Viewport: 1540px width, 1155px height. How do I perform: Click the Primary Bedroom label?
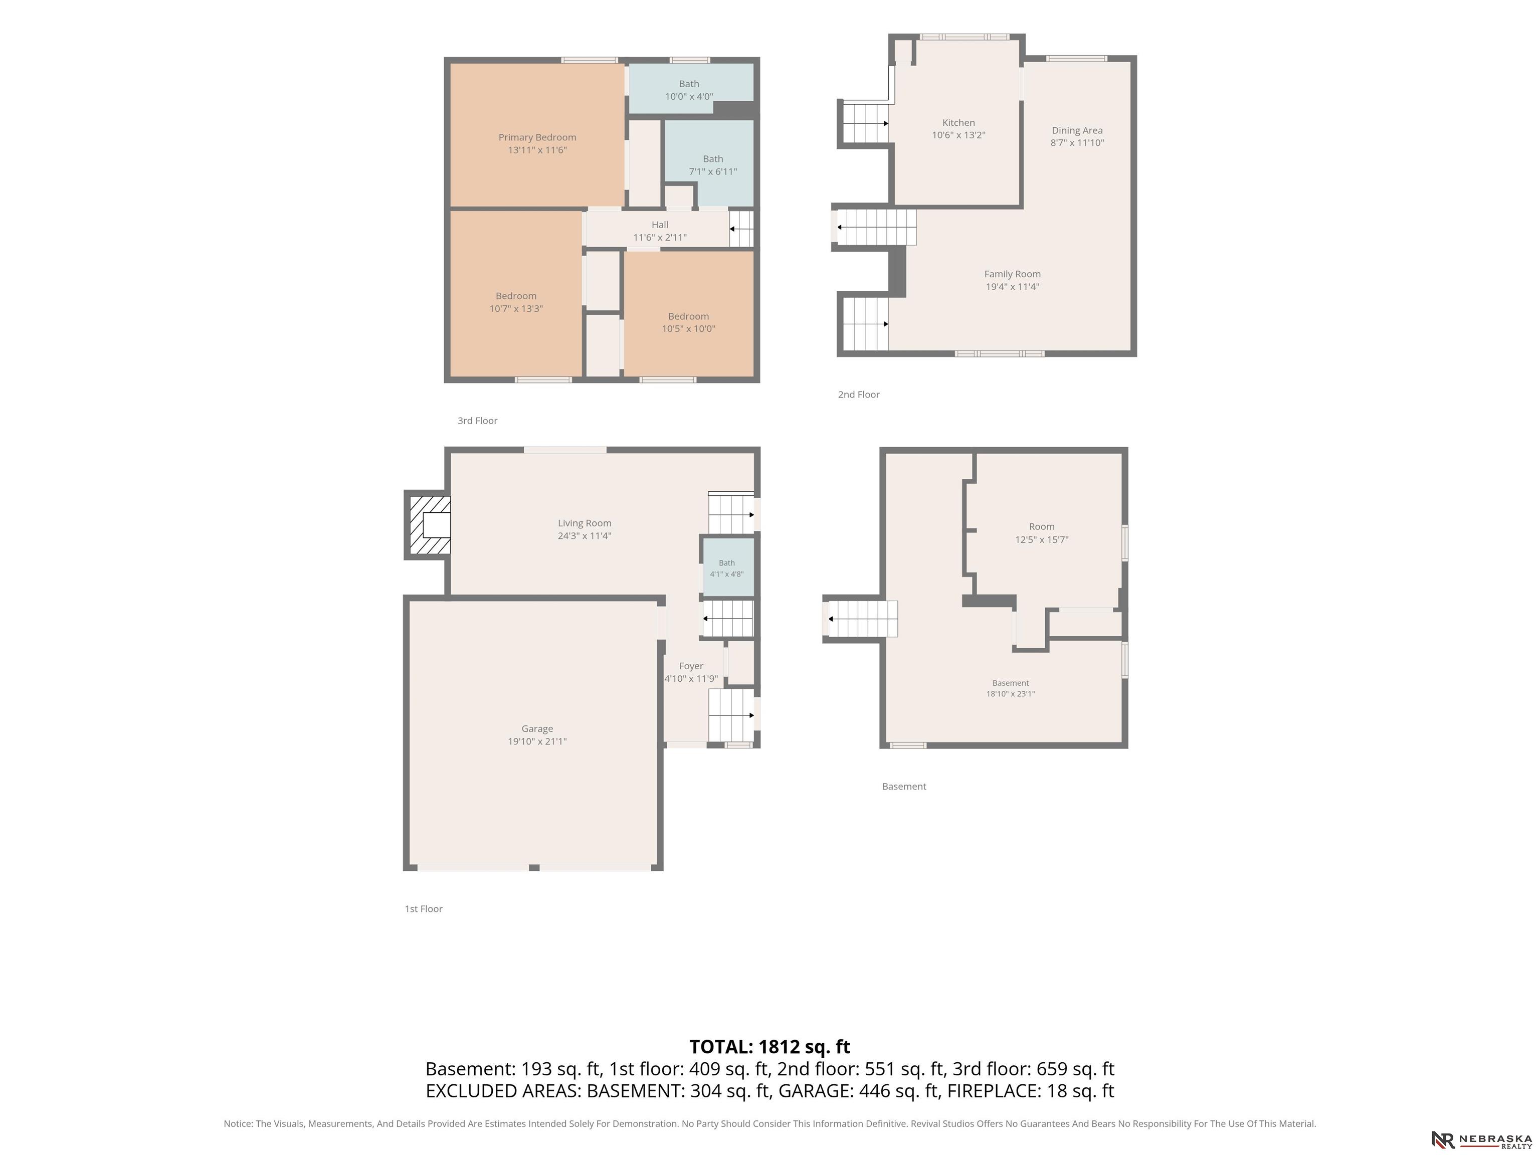(537, 137)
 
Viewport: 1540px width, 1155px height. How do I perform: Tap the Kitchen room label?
(958, 122)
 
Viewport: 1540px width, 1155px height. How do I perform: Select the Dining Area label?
(1077, 130)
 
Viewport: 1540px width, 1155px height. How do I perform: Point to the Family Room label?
(1012, 274)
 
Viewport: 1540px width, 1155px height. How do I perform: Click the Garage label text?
(537, 729)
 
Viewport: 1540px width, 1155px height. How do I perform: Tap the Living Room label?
(585, 523)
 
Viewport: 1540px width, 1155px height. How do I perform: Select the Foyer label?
(691, 666)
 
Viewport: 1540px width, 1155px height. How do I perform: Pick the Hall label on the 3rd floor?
(660, 225)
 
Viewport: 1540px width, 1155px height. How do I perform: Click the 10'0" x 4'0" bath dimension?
(689, 97)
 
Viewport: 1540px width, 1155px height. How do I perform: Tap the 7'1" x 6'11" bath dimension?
(713, 172)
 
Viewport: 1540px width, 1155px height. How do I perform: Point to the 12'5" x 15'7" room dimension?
(1042, 539)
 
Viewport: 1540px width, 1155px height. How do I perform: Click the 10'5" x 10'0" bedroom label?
(689, 322)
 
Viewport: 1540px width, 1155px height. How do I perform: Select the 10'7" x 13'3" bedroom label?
(516, 302)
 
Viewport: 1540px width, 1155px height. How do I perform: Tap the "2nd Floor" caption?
(859, 395)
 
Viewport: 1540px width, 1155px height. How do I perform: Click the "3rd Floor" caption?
(478, 421)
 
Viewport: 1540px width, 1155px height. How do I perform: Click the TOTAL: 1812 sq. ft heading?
(770, 1047)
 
